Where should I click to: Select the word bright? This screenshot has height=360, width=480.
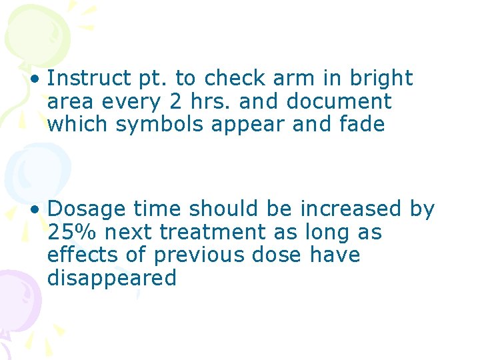pyautogui.click(x=380, y=79)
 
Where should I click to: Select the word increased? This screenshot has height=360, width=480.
pyautogui.click(x=351, y=209)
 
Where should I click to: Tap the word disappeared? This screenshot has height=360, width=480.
pyautogui.click(x=112, y=279)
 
